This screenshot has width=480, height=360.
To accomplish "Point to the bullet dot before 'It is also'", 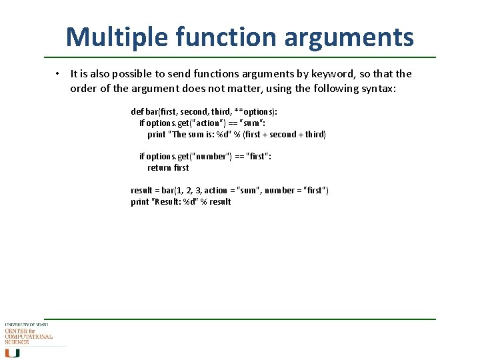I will (59, 74).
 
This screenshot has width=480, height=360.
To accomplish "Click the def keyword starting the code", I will (137, 112).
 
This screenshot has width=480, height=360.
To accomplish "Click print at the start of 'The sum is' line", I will (157, 135).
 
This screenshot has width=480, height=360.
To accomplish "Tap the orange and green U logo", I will (12, 353).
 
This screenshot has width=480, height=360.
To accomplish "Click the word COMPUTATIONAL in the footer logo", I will (28, 337).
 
